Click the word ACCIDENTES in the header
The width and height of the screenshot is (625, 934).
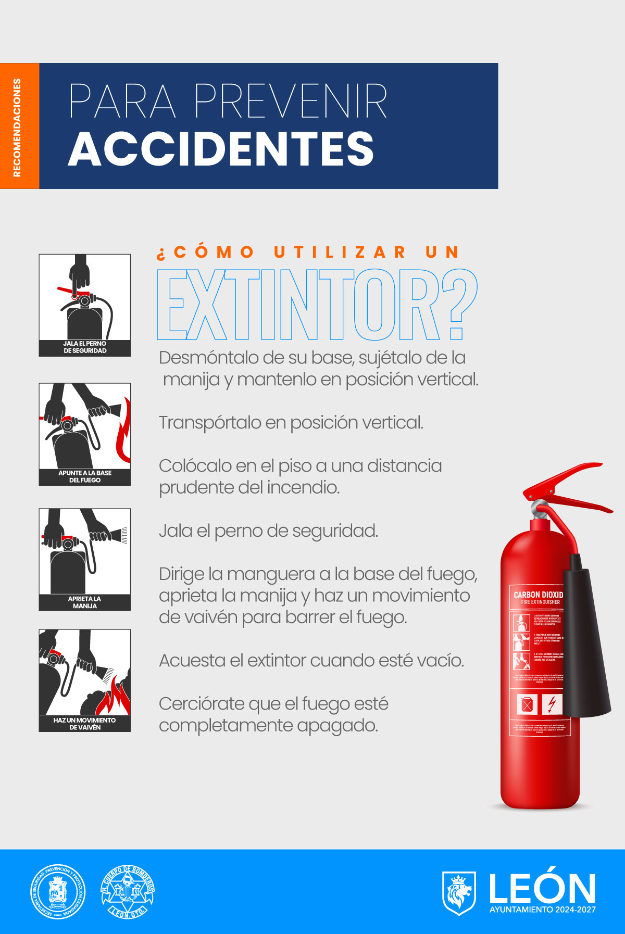(x=221, y=149)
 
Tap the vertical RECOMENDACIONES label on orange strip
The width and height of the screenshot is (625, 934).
(x=17, y=128)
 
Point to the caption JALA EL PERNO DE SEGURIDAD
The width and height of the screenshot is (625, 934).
(x=85, y=347)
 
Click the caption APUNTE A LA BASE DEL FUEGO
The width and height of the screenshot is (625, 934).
(x=85, y=476)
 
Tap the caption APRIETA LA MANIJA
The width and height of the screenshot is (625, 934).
(x=84, y=602)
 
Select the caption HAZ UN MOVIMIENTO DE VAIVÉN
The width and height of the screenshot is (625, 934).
(x=84, y=724)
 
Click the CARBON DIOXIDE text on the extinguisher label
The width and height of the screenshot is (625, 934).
(x=538, y=595)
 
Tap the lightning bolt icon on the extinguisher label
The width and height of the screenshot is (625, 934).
(x=552, y=704)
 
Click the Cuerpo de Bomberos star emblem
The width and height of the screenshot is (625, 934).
(x=128, y=892)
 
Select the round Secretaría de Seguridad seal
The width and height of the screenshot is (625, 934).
(x=57, y=892)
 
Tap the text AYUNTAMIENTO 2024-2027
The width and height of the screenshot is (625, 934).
(x=542, y=910)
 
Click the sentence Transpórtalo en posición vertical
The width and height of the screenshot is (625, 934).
(x=291, y=422)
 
